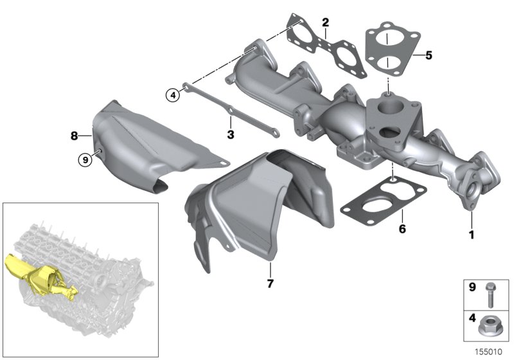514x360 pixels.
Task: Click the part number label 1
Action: (471, 235)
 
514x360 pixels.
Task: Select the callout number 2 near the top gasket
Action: (326, 23)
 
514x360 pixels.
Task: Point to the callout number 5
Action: (429, 55)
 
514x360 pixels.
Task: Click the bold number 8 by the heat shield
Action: (75, 136)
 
